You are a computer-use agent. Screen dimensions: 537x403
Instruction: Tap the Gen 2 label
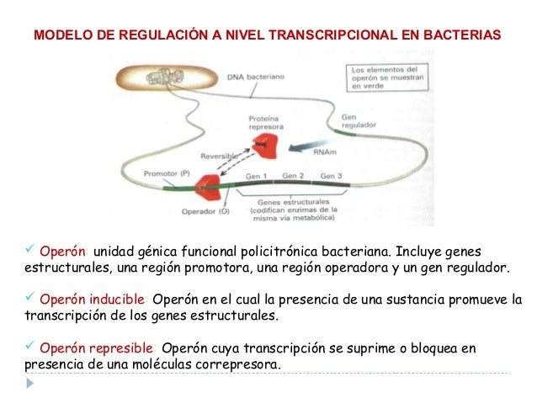293,176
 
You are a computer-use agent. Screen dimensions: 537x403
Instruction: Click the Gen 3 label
332,176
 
